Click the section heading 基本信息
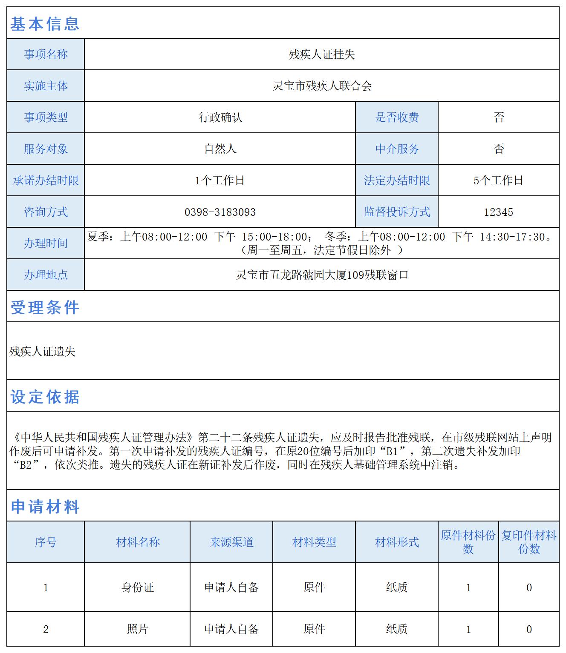[x=45, y=24]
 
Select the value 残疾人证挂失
[x=322, y=54]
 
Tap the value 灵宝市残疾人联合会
[x=322, y=86]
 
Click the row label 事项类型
[x=46, y=117]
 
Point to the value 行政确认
[x=220, y=117]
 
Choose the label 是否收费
[x=397, y=117]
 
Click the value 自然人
[x=220, y=149]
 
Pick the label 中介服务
[x=397, y=149]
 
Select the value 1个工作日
[x=220, y=180]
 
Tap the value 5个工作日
[x=498, y=180]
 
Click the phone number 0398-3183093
[x=220, y=212]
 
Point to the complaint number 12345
[x=498, y=212]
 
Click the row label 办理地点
[x=46, y=275]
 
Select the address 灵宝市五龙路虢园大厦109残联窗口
[x=322, y=275]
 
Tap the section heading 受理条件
[x=45, y=307]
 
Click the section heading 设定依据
[x=45, y=397]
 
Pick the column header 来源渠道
[x=231, y=542]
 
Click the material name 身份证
[x=137, y=587]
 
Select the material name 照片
[x=137, y=629]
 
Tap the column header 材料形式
[x=397, y=542]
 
